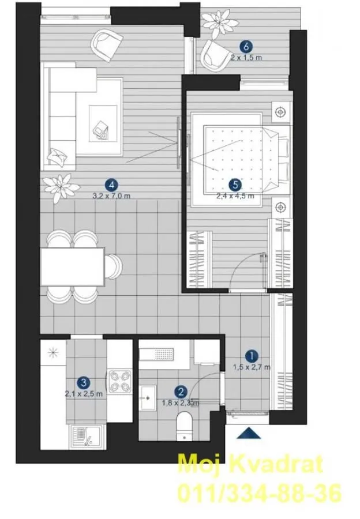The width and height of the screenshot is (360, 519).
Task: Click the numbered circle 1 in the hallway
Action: (x=251, y=356)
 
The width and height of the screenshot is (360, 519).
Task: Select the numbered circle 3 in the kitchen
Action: (x=84, y=382)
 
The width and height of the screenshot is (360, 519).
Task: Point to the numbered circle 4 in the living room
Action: (x=112, y=185)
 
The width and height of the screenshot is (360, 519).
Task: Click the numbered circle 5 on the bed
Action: (x=234, y=185)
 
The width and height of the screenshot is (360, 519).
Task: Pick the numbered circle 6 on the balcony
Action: (x=246, y=47)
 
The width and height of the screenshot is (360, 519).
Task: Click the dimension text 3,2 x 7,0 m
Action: (x=112, y=196)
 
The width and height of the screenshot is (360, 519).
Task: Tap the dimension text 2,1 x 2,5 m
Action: (x=84, y=394)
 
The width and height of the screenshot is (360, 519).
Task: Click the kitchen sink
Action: (x=85, y=437)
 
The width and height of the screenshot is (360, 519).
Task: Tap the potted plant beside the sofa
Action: (x=61, y=186)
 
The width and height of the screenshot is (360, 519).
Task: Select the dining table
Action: (x=72, y=267)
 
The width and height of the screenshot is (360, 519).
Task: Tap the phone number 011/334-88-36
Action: (x=259, y=494)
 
